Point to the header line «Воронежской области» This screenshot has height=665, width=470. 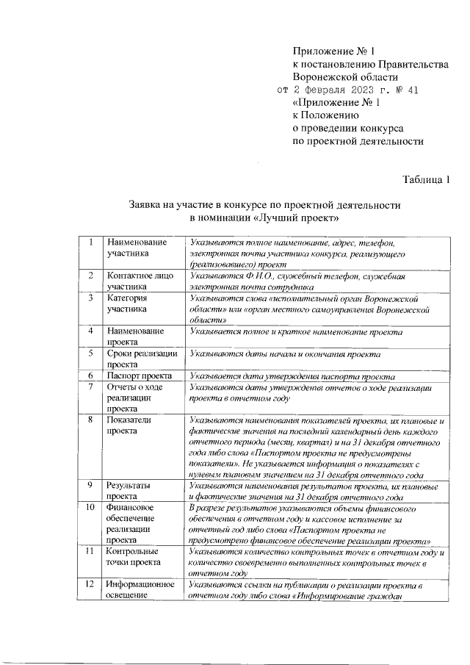click(x=345, y=76)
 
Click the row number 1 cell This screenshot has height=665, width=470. click(x=90, y=242)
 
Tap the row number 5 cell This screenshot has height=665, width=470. click(x=90, y=353)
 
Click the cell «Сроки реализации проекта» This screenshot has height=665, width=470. click(x=141, y=359)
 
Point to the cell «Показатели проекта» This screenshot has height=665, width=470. click(x=130, y=425)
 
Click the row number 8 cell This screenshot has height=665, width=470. click(x=90, y=420)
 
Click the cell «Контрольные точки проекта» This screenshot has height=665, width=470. click(x=135, y=556)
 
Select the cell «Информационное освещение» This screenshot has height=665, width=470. click(x=140, y=590)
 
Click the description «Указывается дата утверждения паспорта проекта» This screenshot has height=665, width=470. click(x=292, y=375)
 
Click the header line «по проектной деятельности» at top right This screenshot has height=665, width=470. click(x=359, y=142)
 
